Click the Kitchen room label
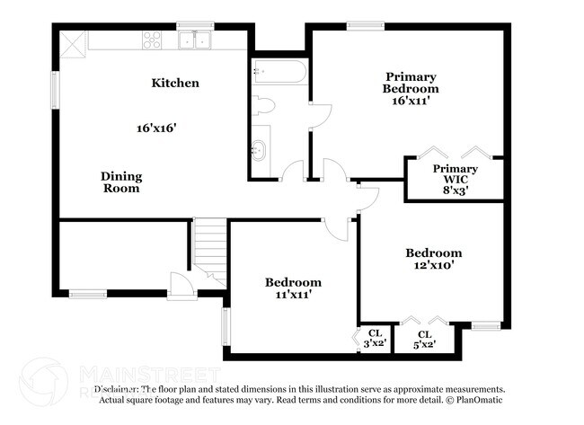point(174,84)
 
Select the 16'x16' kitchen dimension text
point(155,128)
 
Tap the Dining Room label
point(120,182)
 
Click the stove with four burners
point(152,40)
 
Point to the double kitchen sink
point(194,40)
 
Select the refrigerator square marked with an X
point(73,40)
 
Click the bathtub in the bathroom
point(279,70)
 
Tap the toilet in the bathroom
point(262,106)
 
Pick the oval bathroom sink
point(260,150)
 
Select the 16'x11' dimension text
point(410,102)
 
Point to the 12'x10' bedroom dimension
point(433,265)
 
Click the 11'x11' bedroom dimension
point(292,294)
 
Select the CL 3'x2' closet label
point(375,338)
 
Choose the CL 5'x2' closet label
point(424,338)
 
